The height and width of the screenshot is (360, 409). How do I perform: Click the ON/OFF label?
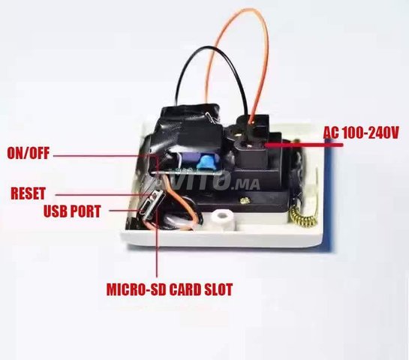(x=29, y=153)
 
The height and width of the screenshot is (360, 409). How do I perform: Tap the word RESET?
(x=28, y=193)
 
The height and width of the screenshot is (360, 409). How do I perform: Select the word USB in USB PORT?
(x=55, y=211)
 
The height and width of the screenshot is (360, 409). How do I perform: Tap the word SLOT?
(x=218, y=289)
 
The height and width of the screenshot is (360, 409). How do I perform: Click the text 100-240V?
(x=370, y=133)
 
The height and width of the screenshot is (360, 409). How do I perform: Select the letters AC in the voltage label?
(x=331, y=133)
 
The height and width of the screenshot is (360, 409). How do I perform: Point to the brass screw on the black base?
(x=245, y=201)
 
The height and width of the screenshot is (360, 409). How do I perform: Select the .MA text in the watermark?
(x=246, y=184)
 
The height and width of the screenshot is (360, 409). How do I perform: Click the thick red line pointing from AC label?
(x=304, y=144)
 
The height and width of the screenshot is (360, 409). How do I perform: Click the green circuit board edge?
(x=187, y=172)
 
